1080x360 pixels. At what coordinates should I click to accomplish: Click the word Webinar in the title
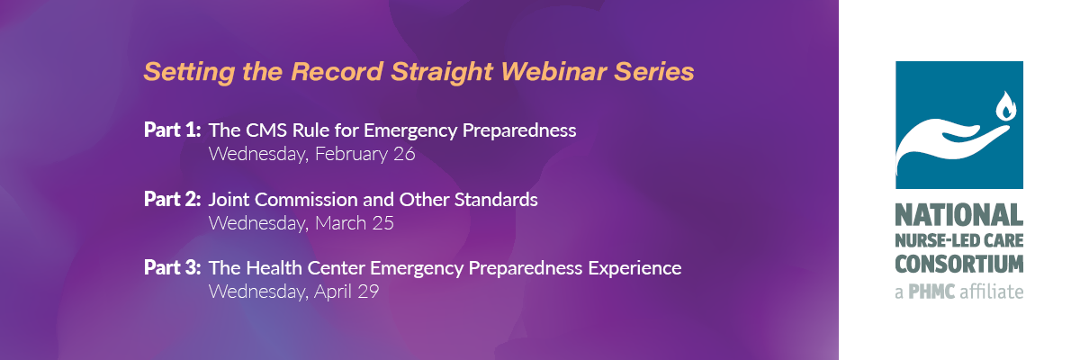click(x=553, y=72)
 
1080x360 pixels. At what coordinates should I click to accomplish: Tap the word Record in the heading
click(x=337, y=72)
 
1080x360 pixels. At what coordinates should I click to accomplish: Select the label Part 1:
click(x=172, y=130)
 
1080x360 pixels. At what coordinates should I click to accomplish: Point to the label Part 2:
click(x=172, y=200)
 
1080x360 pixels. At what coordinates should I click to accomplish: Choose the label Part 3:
click(x=172, y=268)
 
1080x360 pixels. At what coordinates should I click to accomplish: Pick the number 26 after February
click(x=404, y=154)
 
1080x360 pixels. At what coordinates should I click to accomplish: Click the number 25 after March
click(x=382, y=223)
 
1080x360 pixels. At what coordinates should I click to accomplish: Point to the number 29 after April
click(x=368, y=292)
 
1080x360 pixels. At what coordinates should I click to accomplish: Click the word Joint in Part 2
click(x=229, y=200)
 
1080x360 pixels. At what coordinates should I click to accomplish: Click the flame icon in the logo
click(x=1006, y=105)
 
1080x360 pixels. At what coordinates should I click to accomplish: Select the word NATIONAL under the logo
click(x=959, y=215)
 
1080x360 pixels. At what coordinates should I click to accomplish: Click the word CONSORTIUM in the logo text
click(x=959, y=264)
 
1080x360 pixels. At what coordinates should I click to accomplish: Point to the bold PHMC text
click(x=931, y=292)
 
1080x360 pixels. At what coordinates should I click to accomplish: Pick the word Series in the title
click(x=653, y=72)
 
